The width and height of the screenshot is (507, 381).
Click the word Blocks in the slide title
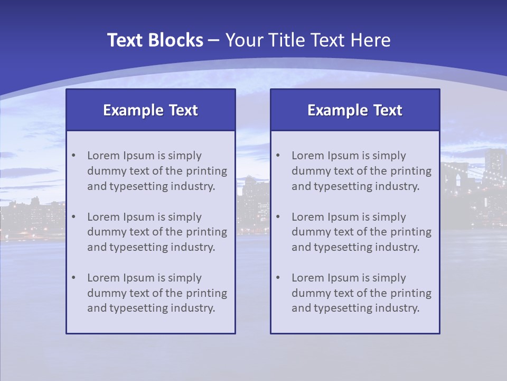[x=177, y=40]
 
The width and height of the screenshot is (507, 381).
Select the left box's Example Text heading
[x=151, y=110]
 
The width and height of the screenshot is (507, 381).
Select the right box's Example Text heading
[x=355, y=110]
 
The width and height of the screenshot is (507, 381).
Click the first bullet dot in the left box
[x=73, y=156]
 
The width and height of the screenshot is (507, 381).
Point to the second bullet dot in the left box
[x=73, y=217]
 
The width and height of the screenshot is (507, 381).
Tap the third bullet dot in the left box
[x=73, y=278]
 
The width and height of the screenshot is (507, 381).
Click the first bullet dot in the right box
[x=278, y=156]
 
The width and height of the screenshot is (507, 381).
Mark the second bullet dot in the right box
[x=278, y=217]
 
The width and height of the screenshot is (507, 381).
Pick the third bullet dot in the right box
[x=278, y=278]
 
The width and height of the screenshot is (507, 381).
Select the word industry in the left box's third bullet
[x=193, y=308]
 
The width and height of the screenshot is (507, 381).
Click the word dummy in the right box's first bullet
[x=309, y=171]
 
